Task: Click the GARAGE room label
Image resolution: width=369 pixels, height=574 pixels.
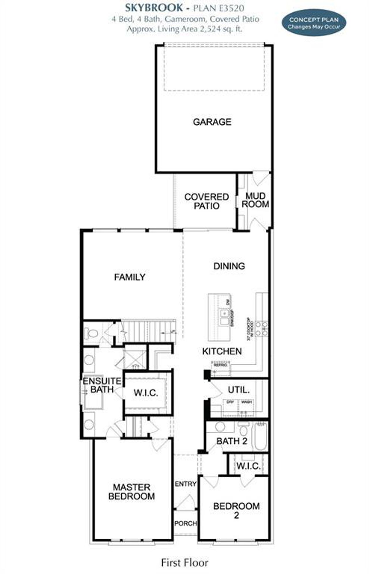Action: click(x=212, y=122)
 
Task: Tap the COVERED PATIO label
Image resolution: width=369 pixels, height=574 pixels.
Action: click(x=206, y=201)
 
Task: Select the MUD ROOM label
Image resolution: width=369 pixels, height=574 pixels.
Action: click(x=255, y=200)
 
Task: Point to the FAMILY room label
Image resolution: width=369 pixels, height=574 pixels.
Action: click(x=130, y=277)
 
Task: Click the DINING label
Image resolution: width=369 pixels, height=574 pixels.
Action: click(x=229, y=266)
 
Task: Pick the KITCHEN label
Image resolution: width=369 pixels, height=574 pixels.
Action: click(x=222, y=351)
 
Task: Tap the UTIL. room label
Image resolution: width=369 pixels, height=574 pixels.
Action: click(x=239, y=390)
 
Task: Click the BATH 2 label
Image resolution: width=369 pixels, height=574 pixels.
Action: click(x=232, y=441)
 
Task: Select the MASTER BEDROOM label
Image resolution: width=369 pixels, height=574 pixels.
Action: click(x=131, y=492)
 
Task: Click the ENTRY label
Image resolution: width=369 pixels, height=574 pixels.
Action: click(x=186, y=484)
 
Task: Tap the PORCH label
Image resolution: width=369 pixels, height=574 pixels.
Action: click(x=186, y=523)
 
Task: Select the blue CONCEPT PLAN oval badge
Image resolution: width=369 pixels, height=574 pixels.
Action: click(x=314, y=23)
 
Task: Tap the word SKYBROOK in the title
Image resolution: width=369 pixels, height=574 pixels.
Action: click(x=154, y=8)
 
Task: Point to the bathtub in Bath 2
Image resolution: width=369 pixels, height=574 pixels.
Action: click(x=261, y=436)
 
